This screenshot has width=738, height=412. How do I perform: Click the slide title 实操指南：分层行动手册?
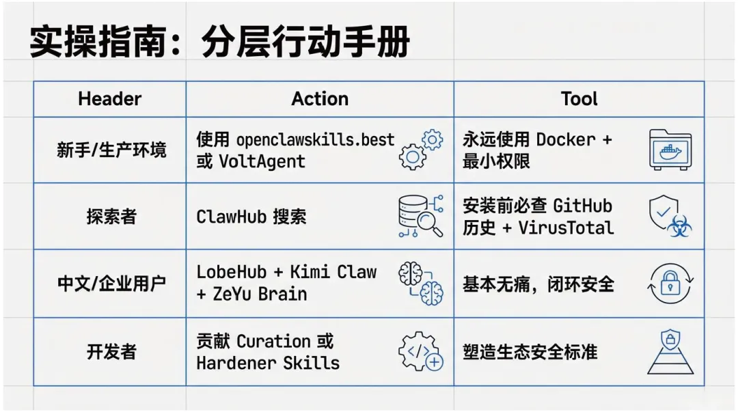220,43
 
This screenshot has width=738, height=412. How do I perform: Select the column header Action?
320,99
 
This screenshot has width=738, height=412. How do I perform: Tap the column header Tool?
579,99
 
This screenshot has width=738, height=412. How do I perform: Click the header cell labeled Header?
109,99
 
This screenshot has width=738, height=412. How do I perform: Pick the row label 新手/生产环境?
111,150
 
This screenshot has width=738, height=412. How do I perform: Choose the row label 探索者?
111,217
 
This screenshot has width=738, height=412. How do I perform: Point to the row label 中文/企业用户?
111,284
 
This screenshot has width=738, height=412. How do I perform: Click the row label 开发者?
111,352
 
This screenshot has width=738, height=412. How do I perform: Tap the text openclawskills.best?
316,139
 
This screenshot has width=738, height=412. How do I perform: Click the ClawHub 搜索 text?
251,217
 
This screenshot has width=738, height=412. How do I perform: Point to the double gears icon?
420,150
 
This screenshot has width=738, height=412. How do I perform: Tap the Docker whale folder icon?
670,150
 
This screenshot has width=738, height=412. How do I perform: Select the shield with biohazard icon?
670,217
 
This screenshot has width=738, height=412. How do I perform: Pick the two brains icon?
420,283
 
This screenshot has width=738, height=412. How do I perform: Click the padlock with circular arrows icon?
670,284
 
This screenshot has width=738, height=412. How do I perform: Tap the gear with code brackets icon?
420,351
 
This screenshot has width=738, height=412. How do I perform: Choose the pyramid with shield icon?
670,351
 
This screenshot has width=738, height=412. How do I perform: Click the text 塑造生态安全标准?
530,352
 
